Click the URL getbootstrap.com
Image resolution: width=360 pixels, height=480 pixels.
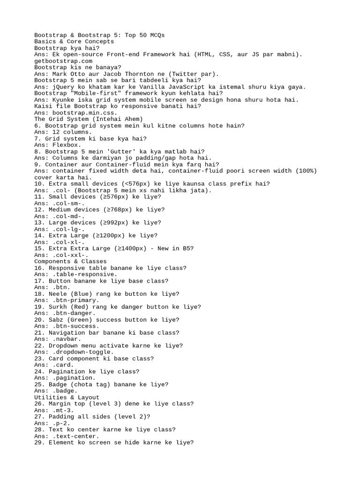pos(63,61)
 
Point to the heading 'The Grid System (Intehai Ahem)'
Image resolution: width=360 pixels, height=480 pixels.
pos(89,119)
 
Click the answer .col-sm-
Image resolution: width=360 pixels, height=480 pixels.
pos(69,203)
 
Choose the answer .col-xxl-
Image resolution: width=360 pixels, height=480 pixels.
pos(71,255)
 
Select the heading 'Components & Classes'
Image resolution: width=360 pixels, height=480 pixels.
pos(70,261)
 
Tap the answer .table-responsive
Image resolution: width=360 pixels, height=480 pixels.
pos(85,274)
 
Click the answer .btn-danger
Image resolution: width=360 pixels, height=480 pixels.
pos(74,313)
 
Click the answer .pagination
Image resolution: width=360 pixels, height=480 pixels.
pos(74,377)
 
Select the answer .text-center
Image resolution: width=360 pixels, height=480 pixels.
pos(76,436)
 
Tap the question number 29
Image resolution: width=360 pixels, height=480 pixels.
pos(40,442)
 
